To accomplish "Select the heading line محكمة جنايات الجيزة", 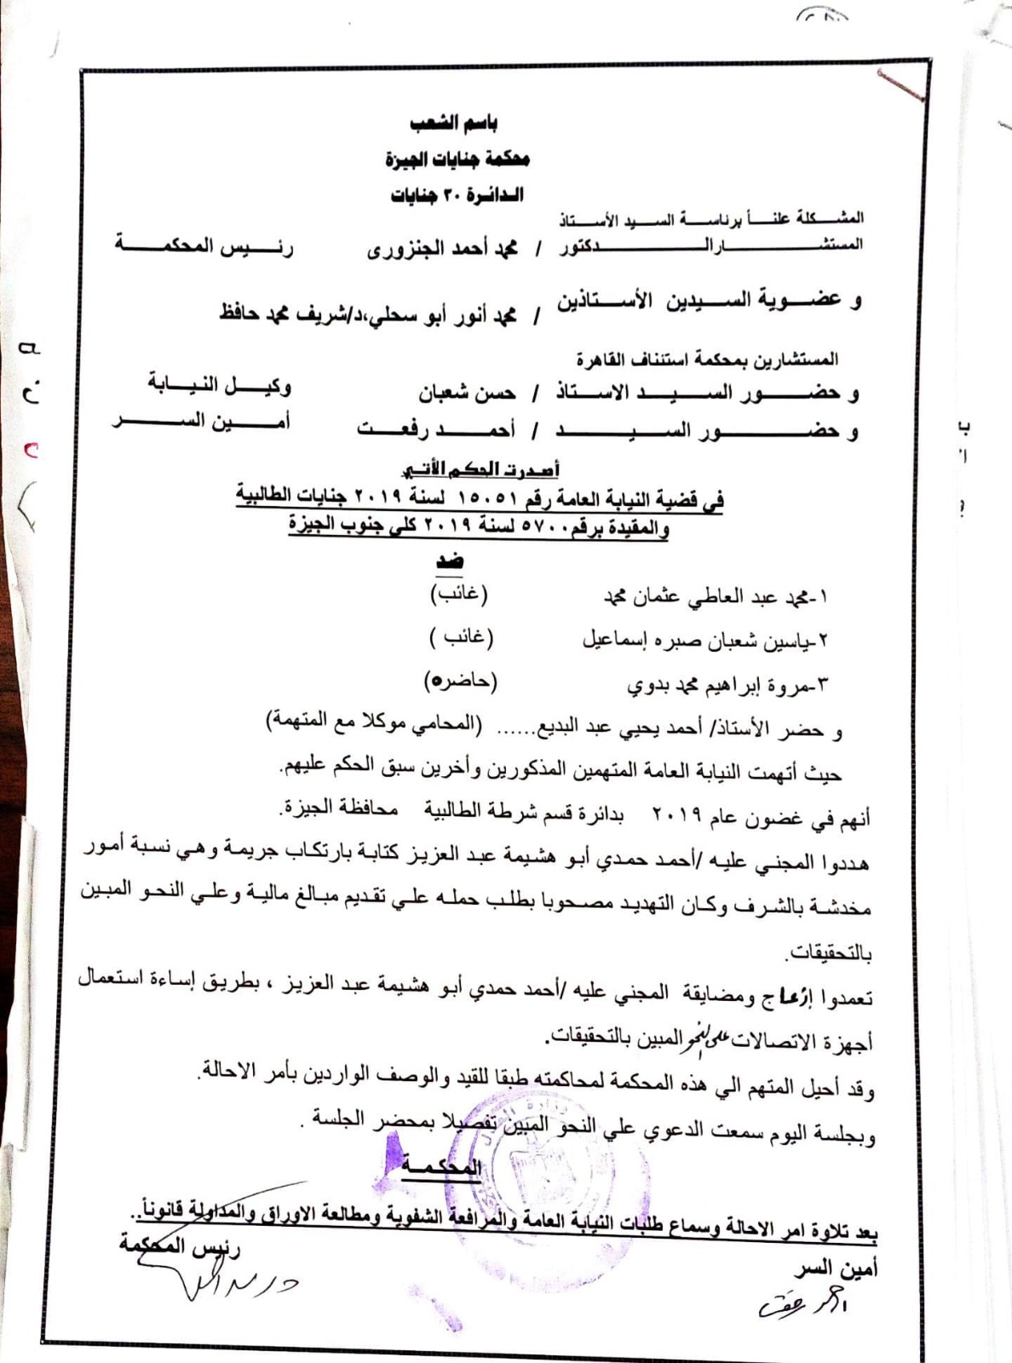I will pyautogui.click(x=457, y=159).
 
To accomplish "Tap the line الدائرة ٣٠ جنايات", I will pyautogui.click(x=457, y=195).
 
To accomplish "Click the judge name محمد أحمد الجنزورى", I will pyautogui.click(x=442, y=250).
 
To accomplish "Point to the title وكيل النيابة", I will pyautogui.click(x=219, y=385).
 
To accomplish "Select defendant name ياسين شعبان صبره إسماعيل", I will pyautogui.click(x=704, y=641).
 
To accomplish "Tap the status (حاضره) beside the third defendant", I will pyautogui.click(x=461, y=681).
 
